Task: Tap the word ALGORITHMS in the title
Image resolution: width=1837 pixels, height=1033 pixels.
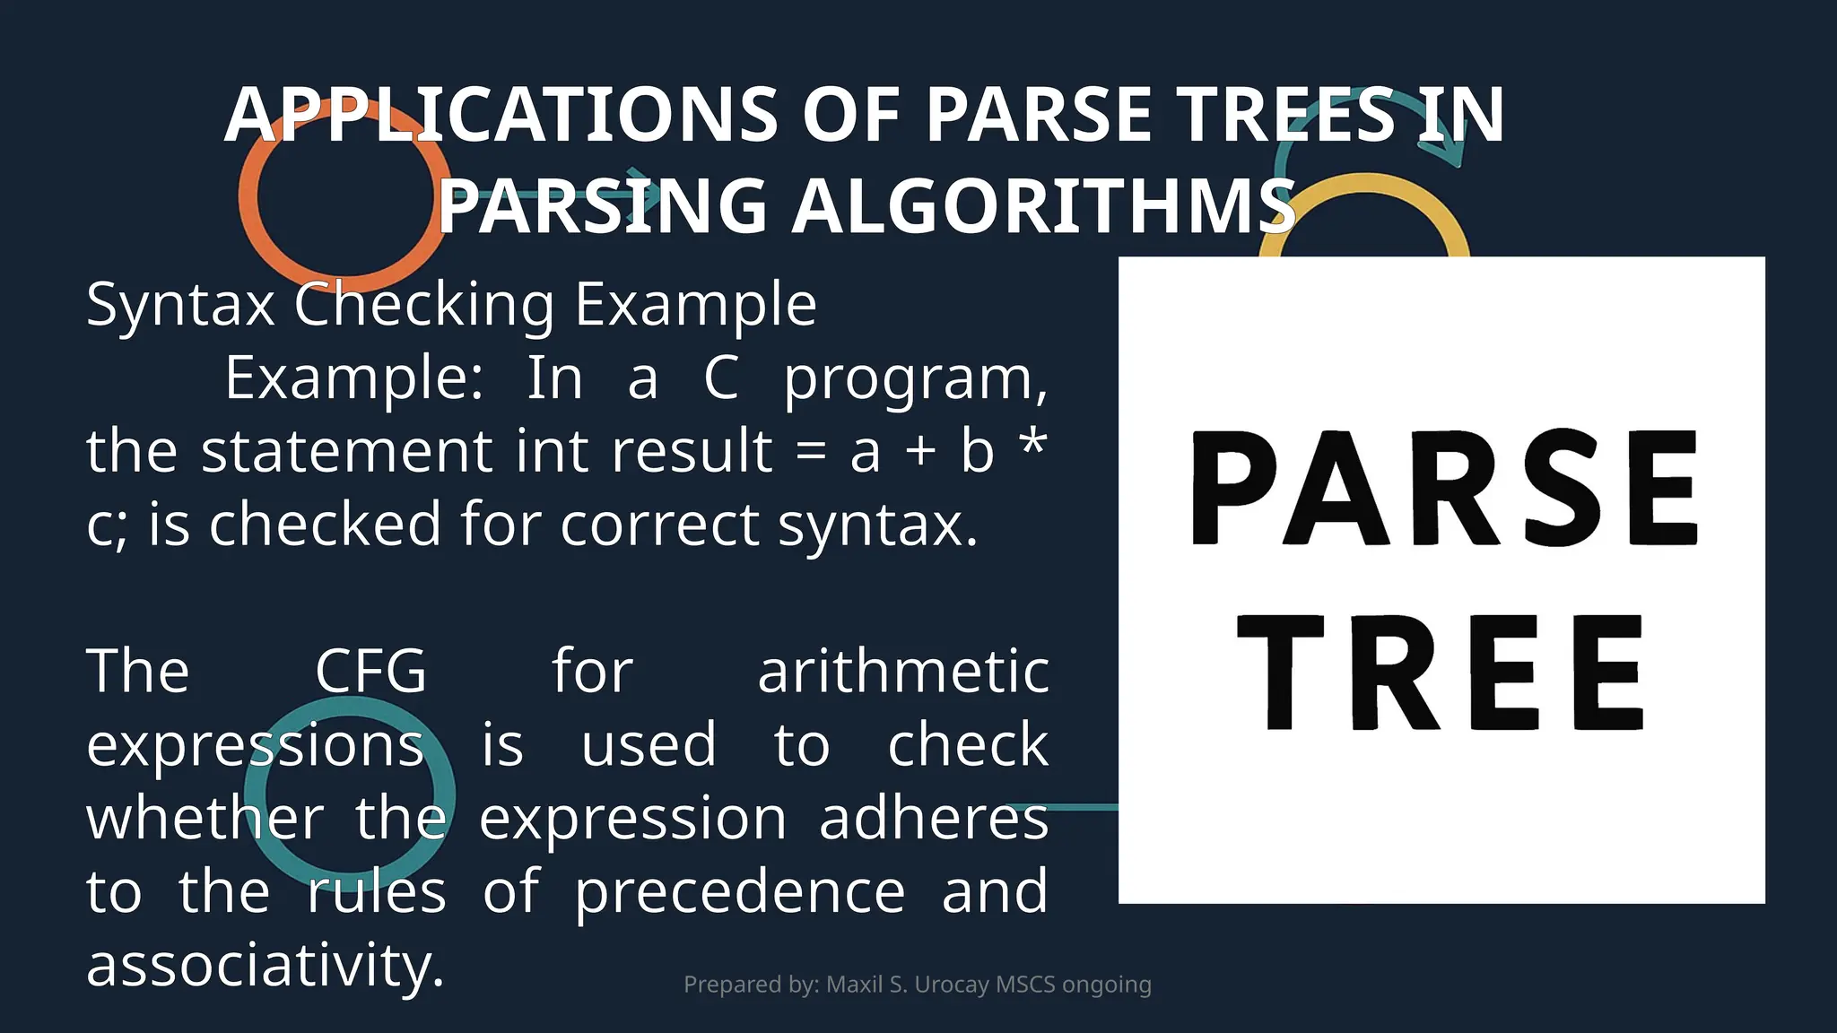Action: click(x=1043, y=206)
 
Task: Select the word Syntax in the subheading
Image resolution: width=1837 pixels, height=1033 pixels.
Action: click(x=179, y=305)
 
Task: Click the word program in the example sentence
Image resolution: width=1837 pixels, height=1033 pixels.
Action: click(x=916, y=379)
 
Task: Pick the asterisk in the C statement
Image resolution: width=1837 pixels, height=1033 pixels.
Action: click(x=1033, y=441)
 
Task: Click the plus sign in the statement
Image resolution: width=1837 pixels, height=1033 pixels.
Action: click(x=920, y=451)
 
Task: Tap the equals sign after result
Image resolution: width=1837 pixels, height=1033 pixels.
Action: click(x=811, y=451)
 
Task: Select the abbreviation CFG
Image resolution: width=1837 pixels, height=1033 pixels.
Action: click(x=370, y=672)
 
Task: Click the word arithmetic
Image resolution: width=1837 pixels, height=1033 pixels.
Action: click(x=903, y=672)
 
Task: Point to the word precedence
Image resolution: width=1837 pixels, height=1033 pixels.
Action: click(x=740, y=892)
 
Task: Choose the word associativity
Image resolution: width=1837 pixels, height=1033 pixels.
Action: click(x=266, y=966)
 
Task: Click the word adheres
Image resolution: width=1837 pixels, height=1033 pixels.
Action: click(x=934, y=819)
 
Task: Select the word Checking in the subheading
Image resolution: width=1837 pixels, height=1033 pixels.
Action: click(x=424, y=305)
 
